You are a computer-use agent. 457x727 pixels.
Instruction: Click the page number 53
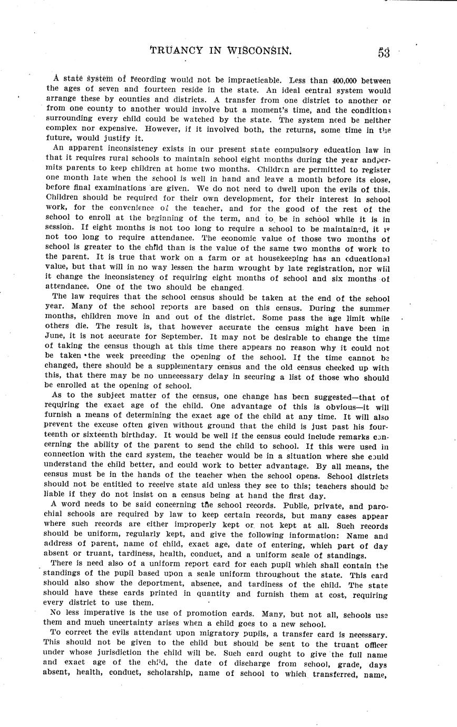pos(383,53)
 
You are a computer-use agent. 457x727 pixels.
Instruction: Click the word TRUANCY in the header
pos(177,51)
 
